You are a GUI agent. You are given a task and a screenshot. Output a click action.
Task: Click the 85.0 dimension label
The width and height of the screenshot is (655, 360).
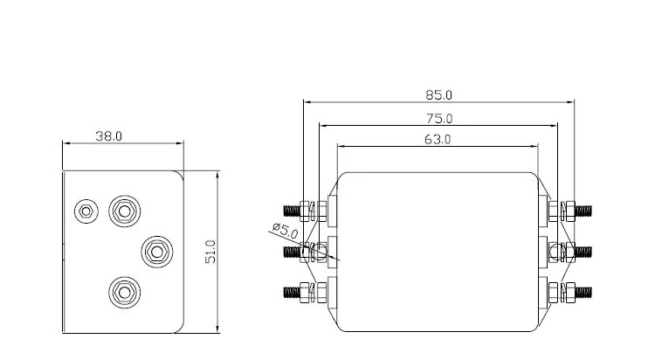pos(438,95)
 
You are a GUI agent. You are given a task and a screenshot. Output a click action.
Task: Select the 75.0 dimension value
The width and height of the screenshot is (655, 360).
pos(439,119)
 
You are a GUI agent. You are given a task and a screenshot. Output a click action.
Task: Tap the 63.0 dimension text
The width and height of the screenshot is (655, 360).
pos(438,139)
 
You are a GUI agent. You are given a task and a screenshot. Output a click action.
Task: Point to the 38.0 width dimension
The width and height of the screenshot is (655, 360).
pos(108,136)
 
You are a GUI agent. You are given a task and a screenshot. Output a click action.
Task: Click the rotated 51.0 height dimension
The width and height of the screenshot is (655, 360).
pos(210,252)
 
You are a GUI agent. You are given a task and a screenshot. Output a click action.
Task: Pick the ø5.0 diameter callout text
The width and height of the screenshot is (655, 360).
pos(285,231)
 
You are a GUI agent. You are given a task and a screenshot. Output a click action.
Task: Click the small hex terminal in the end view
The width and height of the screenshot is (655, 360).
pos(86,211)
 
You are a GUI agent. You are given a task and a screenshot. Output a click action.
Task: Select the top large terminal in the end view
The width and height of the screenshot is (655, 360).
pos(125,211)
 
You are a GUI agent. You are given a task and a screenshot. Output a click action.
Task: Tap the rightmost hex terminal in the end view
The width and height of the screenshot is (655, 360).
pos(156,252)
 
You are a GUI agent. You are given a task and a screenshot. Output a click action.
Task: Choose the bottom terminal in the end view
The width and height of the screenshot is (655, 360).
pos(125,292)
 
